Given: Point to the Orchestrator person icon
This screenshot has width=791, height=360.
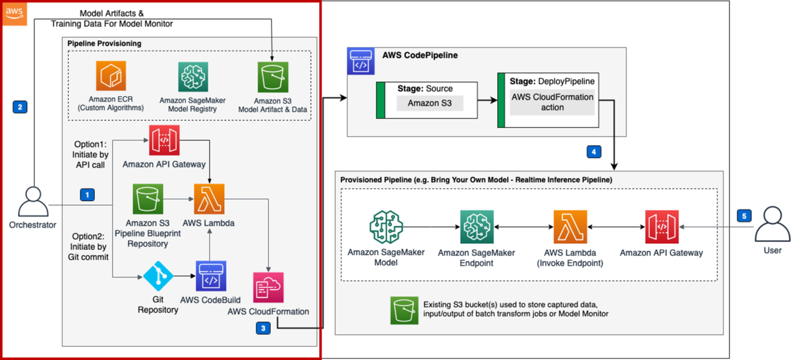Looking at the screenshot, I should coord(33,201).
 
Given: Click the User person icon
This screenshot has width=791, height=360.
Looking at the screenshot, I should coord(771,224).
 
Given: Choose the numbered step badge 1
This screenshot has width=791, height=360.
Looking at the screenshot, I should coord(86,195).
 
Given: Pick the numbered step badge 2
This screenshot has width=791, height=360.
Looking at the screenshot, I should coord(20,105).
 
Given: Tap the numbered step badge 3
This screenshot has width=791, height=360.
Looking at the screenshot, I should coord(264,327).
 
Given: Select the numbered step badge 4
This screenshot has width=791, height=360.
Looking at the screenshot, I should coord(593,152).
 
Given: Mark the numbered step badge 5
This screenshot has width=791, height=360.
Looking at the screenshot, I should coord(743,216).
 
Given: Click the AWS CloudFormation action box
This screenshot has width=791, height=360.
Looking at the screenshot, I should coord(552,102).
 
